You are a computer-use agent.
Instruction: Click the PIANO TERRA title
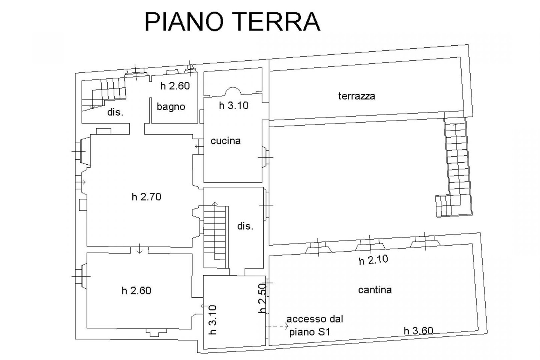[232, 22]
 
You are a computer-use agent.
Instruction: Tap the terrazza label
[357, 96]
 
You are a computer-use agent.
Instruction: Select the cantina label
[375, 290]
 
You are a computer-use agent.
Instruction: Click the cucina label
[226, 141]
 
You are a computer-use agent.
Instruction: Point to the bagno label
[171, 107]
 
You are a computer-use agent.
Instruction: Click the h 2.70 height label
[146, 197]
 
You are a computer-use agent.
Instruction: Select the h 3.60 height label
[418, 331]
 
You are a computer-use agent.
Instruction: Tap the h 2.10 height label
[373, 260]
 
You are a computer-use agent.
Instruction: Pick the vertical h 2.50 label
[262, 298]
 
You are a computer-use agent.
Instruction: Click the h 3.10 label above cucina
[234, 106]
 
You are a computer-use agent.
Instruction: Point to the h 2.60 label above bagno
[175, 86]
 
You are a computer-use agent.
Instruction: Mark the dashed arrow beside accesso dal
[277, 326]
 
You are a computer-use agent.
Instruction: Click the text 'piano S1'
[309, 332]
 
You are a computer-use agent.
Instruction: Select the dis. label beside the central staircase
[245, 226]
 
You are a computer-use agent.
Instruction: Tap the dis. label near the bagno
[115, 112]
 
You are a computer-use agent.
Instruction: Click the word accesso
[305, 319]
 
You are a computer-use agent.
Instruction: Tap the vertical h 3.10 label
[213, 320]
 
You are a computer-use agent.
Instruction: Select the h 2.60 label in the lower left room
[136, 291]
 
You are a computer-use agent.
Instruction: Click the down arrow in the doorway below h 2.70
[139, 249]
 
